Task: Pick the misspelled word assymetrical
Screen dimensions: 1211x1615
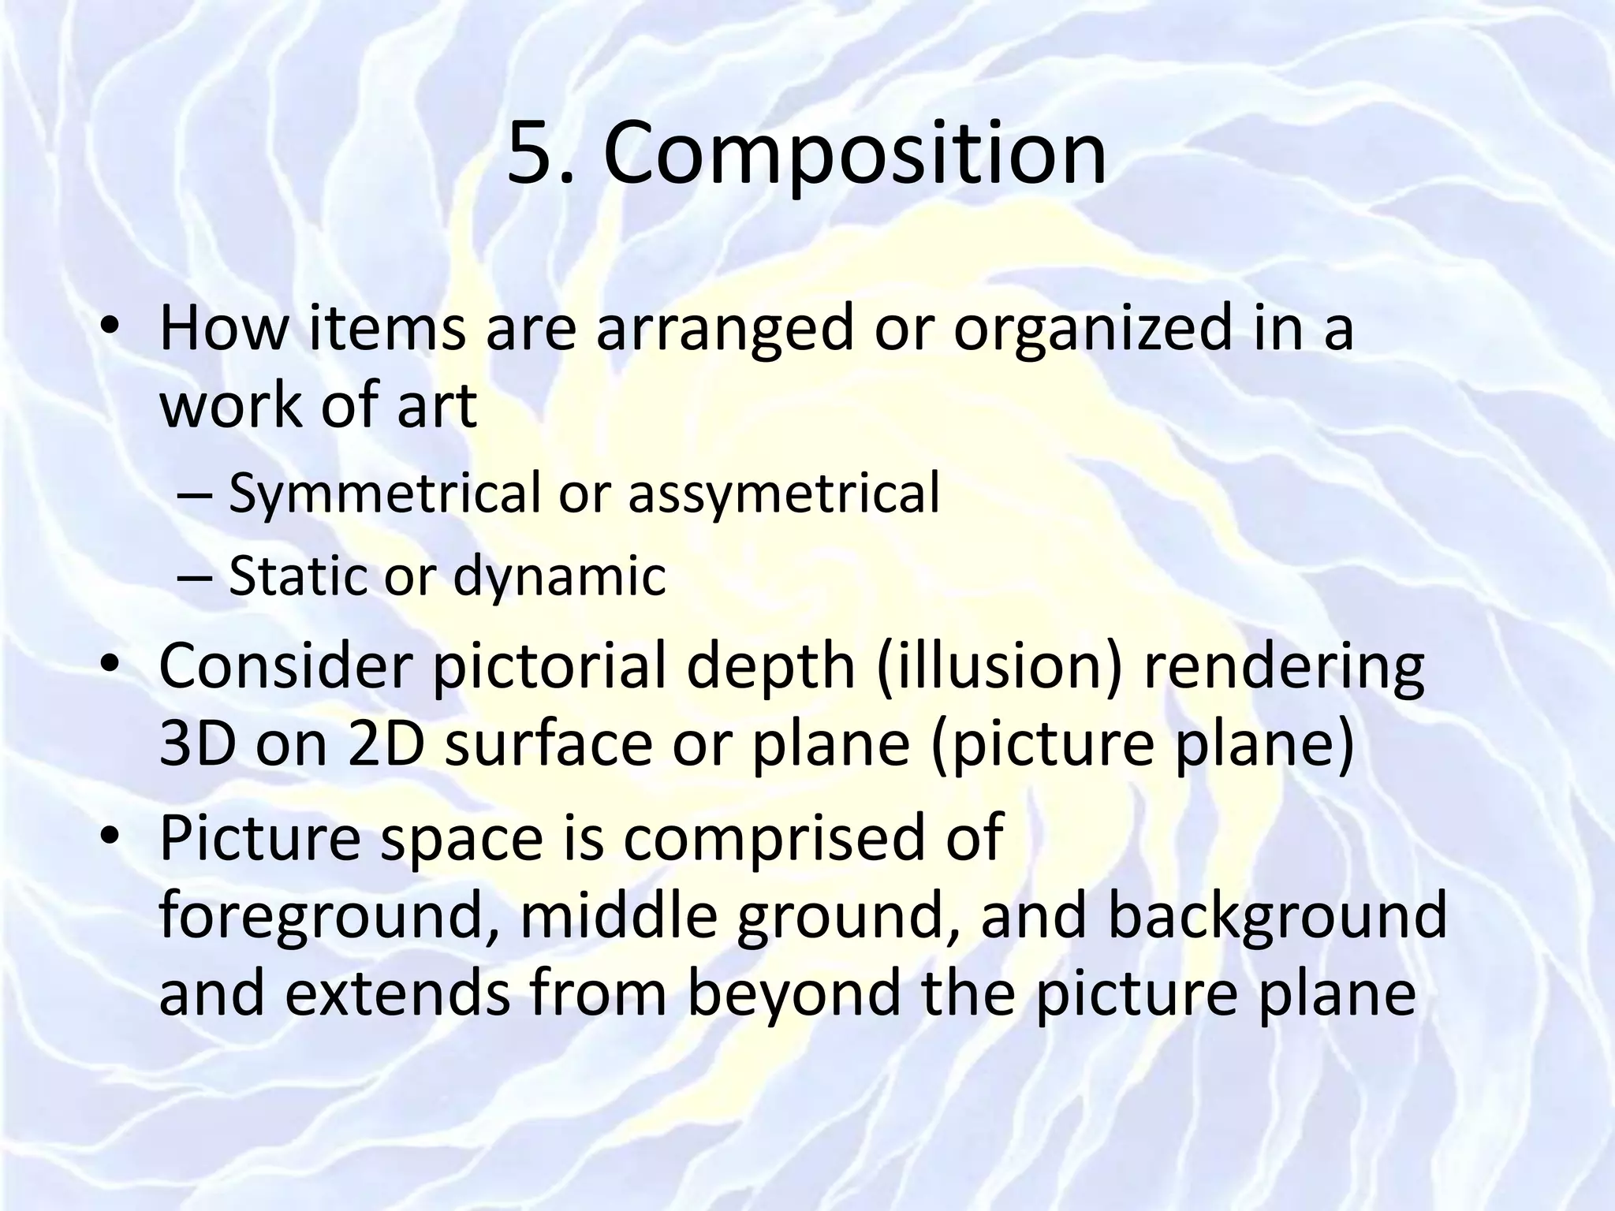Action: click(784, 494)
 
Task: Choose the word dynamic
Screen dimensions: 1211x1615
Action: click(559, 576)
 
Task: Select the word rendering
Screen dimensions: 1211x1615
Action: click(1284, 669)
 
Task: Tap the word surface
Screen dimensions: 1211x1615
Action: click(549, 745)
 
